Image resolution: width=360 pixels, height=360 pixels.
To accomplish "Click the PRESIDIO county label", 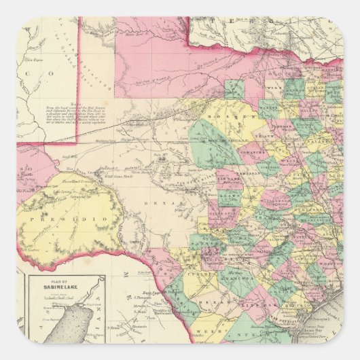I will tap(86, 219).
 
